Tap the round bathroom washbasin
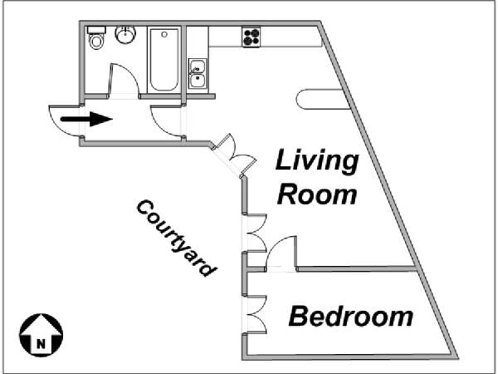coord(125,34)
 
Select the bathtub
coord(164,60)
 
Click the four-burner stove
coord(251,37)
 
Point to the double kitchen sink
coord(198,74)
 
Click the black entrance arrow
coord(86,119)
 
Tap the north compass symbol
coord(41,335)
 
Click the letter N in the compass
coord(41,344)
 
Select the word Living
coord(317,161)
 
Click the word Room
coord(317,194)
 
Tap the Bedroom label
coord(350,316)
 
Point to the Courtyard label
coord(177,238)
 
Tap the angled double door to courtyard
coord(235,155)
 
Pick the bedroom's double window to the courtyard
coord(254,314)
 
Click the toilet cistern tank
coord(96,30)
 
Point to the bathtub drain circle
coord(164,34)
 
